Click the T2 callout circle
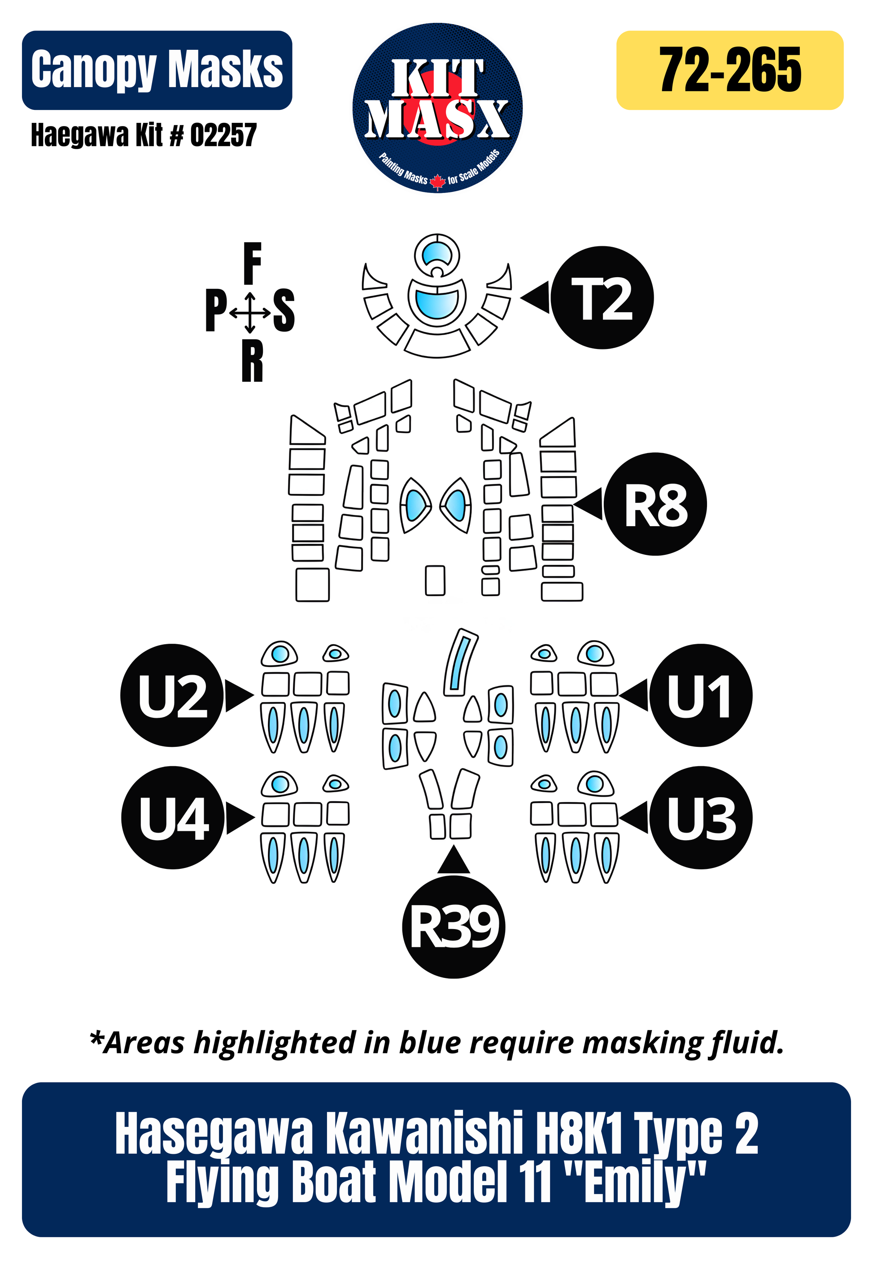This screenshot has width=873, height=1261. [x=602, y=297]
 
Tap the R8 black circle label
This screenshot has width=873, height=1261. [x=655, y=504]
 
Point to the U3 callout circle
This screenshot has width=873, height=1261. [x=700, y=817]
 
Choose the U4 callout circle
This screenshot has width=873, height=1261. [x=173, y=817]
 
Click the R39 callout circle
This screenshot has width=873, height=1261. [x=454, y=927]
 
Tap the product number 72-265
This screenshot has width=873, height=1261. [x=730, y=70]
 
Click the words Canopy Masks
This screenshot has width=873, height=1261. [x=157, y=70]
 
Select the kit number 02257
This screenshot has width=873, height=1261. [x=223, y=135]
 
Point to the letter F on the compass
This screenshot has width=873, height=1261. [x=252, y=264]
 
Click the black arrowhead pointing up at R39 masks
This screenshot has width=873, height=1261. [x=454, y=860]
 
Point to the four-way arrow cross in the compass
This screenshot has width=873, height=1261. [x=250, y=313]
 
